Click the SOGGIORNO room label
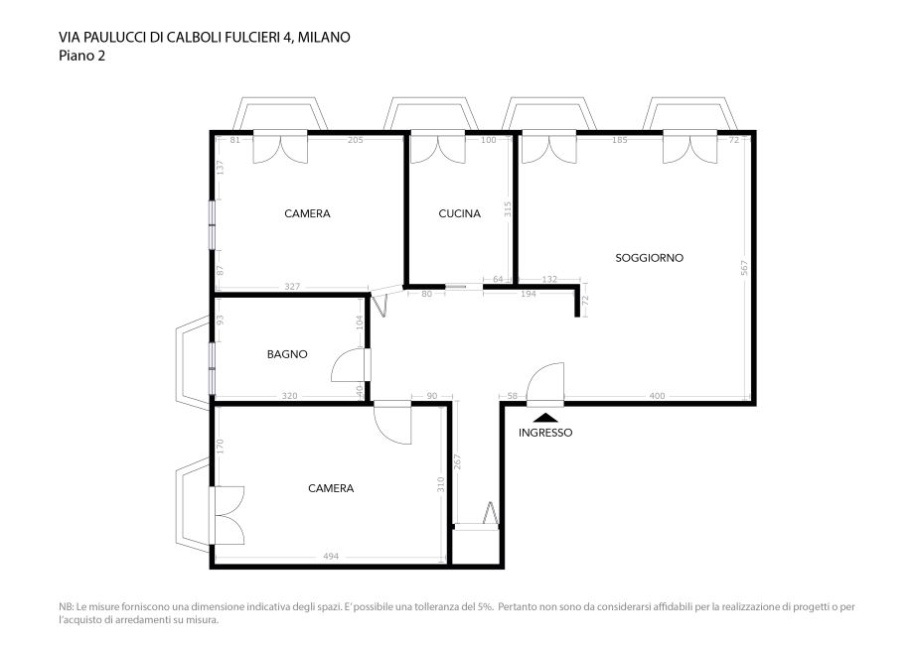click(649, 258)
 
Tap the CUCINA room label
click(459, 213)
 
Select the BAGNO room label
click(287, 354)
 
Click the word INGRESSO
click(545, 433)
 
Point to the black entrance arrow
click(545, 417)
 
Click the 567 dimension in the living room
click(744, 267)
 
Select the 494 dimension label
click(331, 557)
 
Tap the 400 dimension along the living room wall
click(657, 396)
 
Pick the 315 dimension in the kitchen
click(507, 209)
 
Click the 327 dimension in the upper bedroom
click(292, 287)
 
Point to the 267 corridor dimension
click(457, 461)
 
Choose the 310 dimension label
click(441, 485)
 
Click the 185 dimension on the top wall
click(620, 140)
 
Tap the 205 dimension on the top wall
click(355, 140)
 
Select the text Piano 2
click(81, 56)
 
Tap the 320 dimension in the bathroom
click(289, 396)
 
